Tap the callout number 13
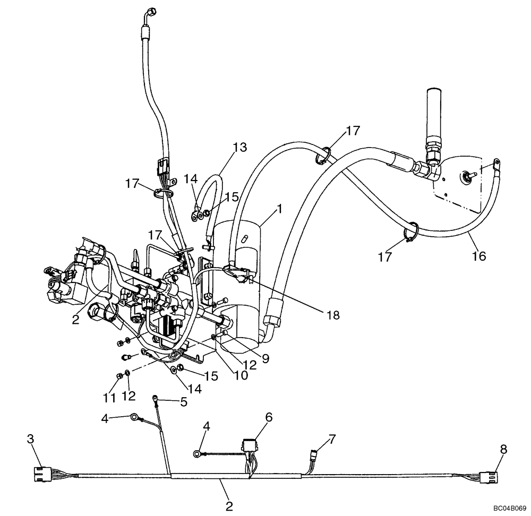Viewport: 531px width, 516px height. pos(240,147)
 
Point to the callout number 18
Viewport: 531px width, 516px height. pos(333,315)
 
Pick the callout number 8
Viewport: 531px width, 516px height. pos(503,449)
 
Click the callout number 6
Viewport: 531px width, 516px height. pos(269,418)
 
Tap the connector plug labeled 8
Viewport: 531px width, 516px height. pos(488,478)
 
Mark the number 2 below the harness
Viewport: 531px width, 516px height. pos(229,505)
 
